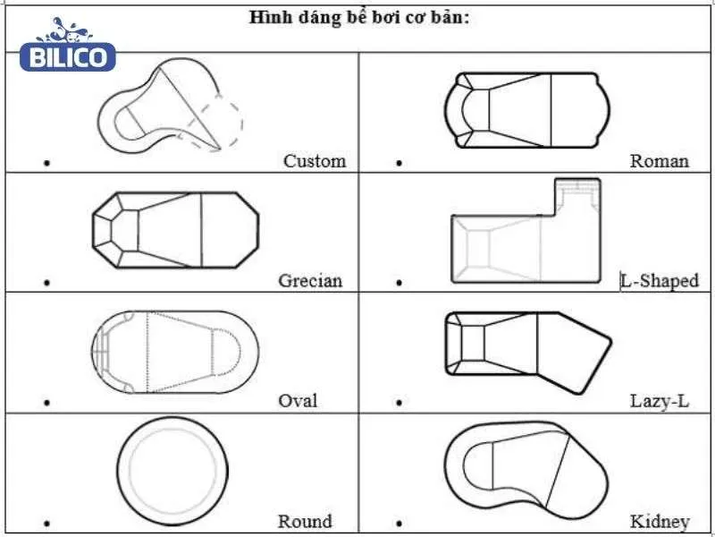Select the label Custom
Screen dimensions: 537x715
pyautogui.click(x=315, y=161)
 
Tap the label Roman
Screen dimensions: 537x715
pyautogui.click(x=659, y=161)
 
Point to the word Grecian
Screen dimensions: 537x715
pyautogui.click(x=310, y=280)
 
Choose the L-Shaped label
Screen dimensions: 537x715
pyautogui.click(x=660, y=280)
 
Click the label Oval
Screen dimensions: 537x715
pyautogui.click(x=297, y=400)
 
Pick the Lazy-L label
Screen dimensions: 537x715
pyautogui.click(x=660, y=400)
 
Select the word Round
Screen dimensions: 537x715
pyautogui.click(x=305, y=521)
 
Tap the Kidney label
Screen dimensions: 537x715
pyautogui.click(x=660, y=521)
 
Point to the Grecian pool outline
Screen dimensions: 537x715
pyautogui.click(x=175, y=229)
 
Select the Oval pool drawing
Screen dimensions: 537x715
pyautogui.click(x=174, y=352)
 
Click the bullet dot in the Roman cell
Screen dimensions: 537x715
pyautogui.click(x=400, y=164)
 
